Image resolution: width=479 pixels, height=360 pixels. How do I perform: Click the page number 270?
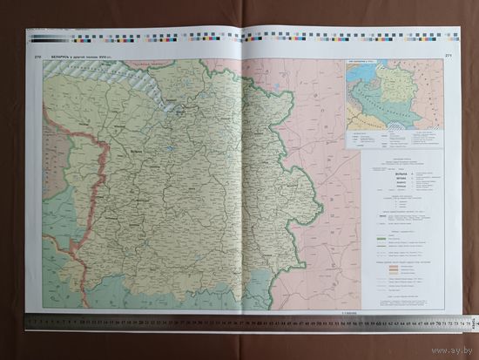(x=37, y=56)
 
